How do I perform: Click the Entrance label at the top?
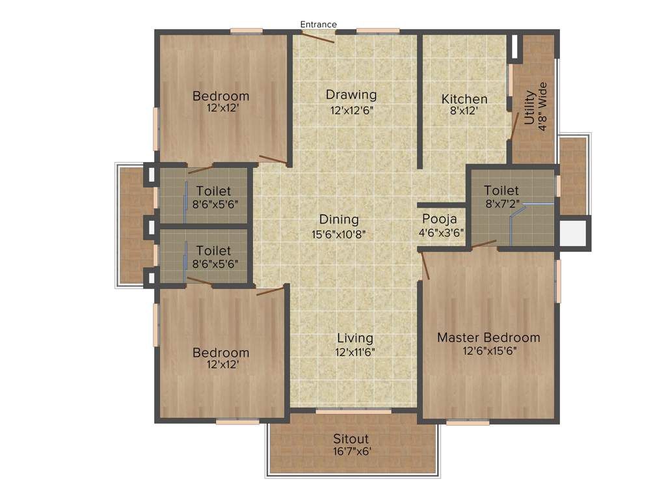(318, 25)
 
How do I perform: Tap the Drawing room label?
(351, 95)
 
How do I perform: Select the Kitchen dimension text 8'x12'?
(464, 111)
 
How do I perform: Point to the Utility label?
(530, 108)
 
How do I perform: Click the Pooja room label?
(440, 219)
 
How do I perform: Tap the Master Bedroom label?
(488, 337)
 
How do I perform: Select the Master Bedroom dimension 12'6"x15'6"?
(488, 350)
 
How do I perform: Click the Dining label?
(339, 219)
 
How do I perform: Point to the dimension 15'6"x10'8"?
(339, 233)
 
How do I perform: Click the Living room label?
(355, 338)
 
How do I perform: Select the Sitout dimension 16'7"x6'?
(351, 451)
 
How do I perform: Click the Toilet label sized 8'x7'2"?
(501, 191)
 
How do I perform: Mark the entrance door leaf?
(318, 36)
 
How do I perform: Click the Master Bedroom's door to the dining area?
(425, 266)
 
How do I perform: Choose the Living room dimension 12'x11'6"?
(355, 352)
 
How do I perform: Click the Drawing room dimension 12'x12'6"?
(351, 110)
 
